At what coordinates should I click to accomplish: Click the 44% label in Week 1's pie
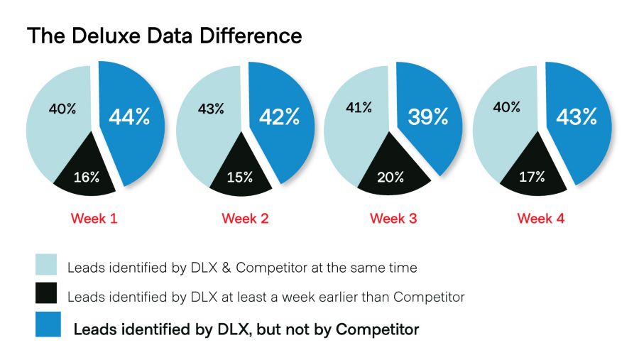(129, 117)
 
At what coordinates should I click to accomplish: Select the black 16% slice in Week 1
(85, 177)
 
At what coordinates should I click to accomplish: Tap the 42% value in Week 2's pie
(280, 117)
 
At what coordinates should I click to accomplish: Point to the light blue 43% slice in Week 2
(209, 124)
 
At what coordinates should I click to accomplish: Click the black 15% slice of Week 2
(240, 177)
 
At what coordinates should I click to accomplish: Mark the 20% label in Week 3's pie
(390, 177)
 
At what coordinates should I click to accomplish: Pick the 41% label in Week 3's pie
(359, 108)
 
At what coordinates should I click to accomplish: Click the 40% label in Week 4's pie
(507, 108)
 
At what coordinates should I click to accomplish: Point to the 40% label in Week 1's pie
(62, 109)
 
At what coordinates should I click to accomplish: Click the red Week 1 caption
(94, 219)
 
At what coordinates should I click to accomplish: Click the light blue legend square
(46, 265)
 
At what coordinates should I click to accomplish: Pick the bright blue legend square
(46, 327)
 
